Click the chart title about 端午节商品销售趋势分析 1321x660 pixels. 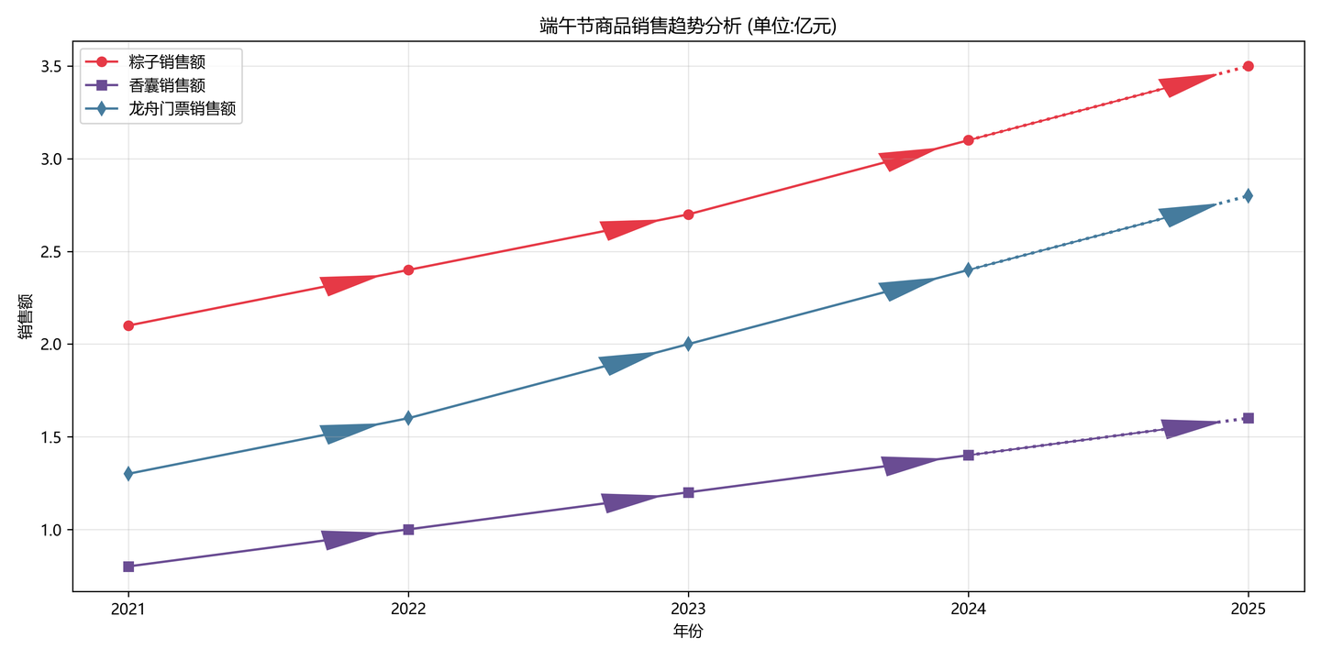[x=688, y=27]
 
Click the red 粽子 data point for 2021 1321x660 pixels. [x=128, y=325]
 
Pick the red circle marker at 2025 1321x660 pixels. [x=1248, y=66]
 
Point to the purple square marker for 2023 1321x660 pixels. [x=688, y=492]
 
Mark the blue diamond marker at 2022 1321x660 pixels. [x=408, y=418]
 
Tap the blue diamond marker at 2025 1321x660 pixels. [x=1248, y=195]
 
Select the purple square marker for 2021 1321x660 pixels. [x=128, y=566]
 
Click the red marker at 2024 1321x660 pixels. [x=968, y=140]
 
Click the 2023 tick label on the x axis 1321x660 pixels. [x=688, y=609]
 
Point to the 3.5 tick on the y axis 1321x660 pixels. [x=50, y=67]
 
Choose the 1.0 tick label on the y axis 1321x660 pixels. [x=50, y=530]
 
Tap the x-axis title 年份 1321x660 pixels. [x=688, y=632]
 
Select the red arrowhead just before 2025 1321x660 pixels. [x=1183, y=84]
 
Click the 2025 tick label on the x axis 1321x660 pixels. [x=1248, y=609]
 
